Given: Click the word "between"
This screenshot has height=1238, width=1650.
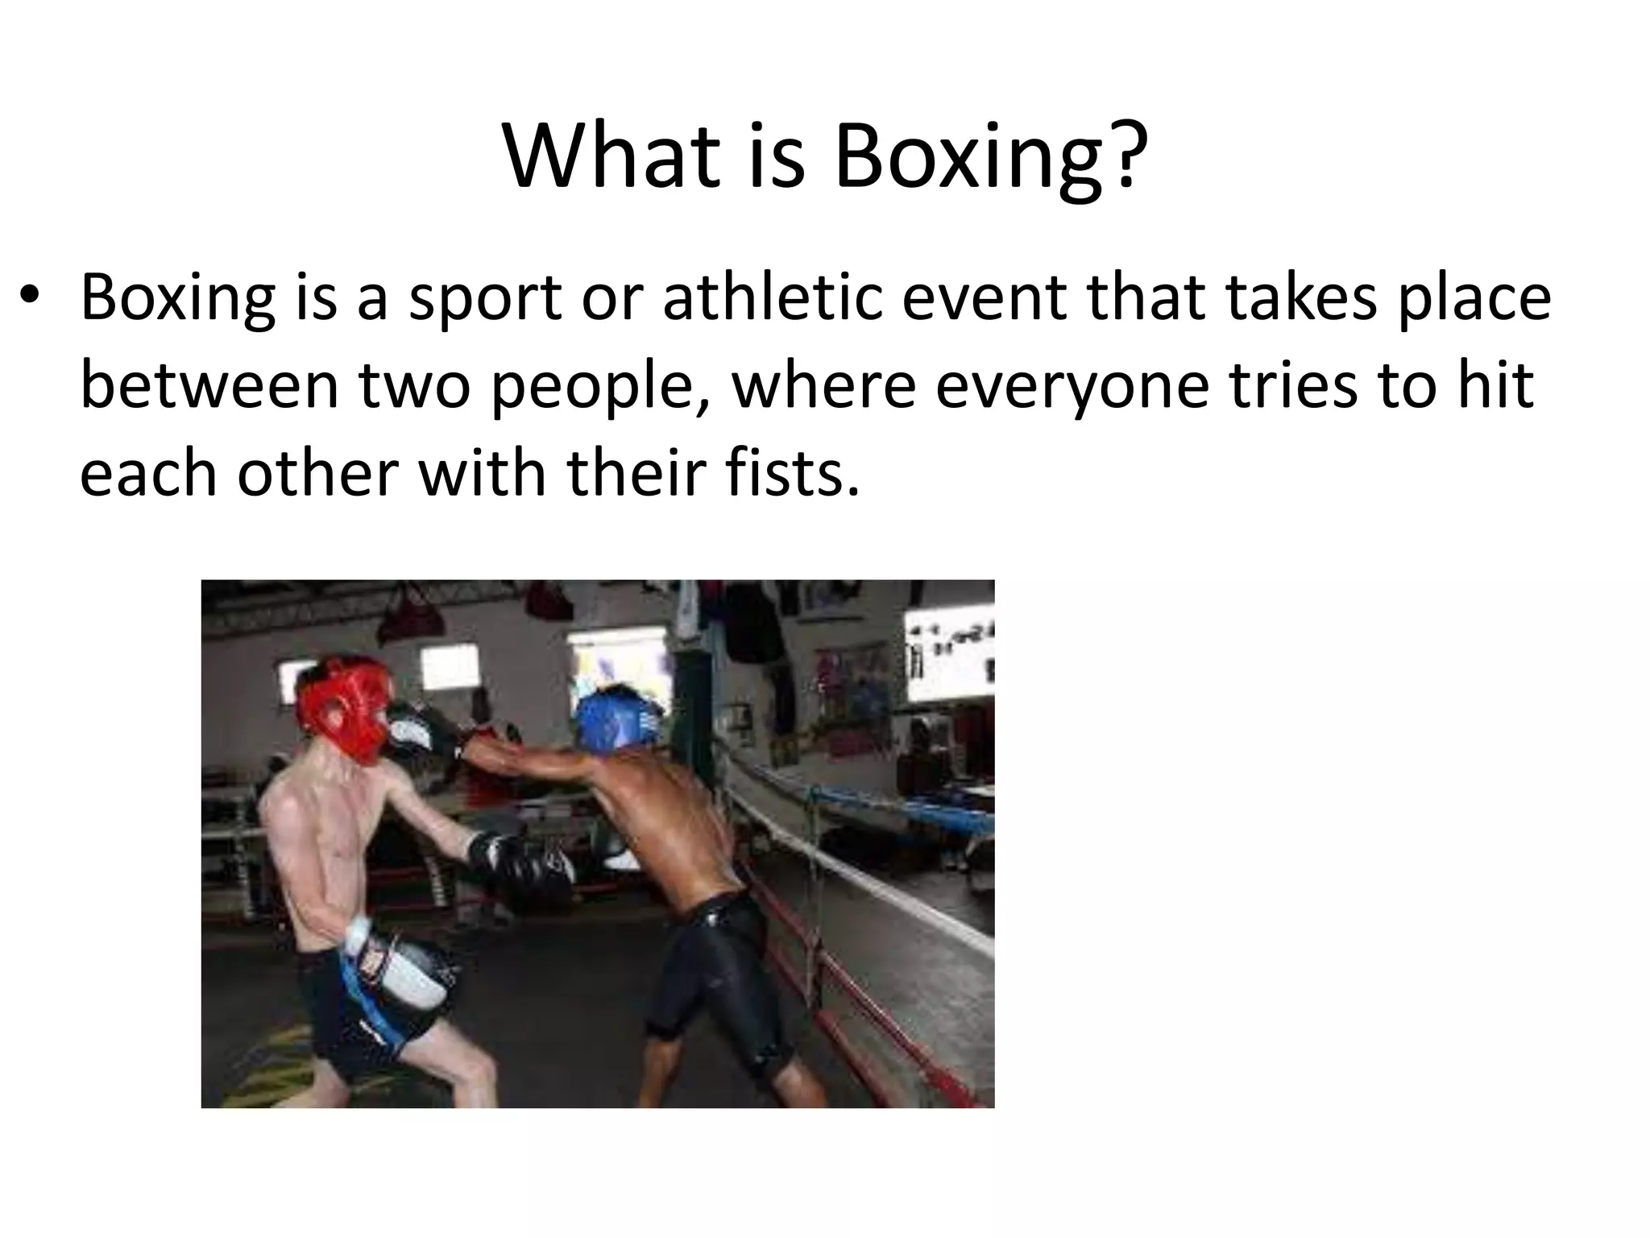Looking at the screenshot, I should click(x=209, y=384).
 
